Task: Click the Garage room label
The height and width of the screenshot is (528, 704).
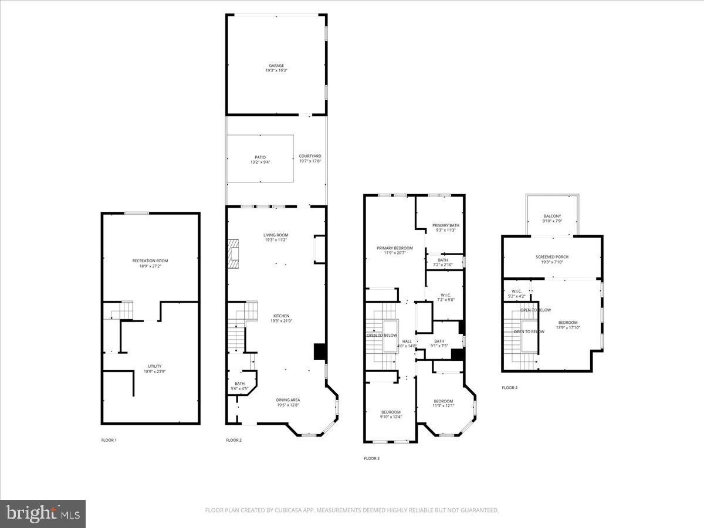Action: point(276,66)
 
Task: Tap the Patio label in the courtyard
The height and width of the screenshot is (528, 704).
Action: point(260,157)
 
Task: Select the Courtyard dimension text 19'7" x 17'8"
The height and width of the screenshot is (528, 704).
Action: point(310,161)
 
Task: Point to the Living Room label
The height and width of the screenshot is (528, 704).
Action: point(276,235)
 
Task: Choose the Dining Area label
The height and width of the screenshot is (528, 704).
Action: point(288,400)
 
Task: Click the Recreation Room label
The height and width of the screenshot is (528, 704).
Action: point(150,260)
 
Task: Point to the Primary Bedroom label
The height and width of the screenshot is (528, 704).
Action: point(394,248)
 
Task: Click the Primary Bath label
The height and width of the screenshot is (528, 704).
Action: point(446,225)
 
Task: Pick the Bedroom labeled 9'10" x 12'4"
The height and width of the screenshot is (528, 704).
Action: point(391,412)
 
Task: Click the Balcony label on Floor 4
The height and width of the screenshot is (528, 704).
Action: point(551,216)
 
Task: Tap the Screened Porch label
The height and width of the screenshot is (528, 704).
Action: point(551,257)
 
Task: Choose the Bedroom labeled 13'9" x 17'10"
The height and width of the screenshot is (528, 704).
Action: point(567,323)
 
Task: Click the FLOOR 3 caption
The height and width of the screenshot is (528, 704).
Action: point(371,458)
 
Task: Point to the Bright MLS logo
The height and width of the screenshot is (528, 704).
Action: point(43,514)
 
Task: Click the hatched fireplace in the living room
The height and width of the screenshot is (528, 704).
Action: point(233,253)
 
